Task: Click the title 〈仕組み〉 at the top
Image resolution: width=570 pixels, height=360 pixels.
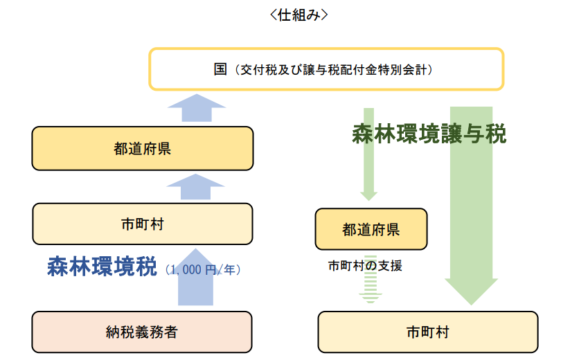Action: [x=299, y=15]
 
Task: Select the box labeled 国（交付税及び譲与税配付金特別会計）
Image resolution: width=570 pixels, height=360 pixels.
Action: [x=326, y=69]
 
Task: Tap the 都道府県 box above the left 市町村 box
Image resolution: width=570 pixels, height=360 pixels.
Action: [x=143, y=149]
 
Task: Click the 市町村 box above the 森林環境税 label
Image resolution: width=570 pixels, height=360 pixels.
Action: [x=143, y=224]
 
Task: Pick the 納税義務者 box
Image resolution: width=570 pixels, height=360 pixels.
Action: [x=142, y=332]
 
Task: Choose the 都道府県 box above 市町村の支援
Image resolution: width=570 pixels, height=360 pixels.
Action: [x=371, y=229]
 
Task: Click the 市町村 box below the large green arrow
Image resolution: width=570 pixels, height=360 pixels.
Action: [x=428, y=332]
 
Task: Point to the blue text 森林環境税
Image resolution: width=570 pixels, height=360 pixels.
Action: [x=102, y=267]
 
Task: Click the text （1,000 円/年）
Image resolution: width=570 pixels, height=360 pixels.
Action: [x=203, y=269]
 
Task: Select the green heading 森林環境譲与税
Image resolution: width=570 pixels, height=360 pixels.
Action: [x=429, y=134]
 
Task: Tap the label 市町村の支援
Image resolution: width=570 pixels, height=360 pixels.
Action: [x=365, y=266]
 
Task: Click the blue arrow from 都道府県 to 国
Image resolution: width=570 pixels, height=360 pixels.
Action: [x=197, y=108]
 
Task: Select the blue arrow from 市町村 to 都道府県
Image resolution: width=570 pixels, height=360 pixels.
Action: [x=195, y=187]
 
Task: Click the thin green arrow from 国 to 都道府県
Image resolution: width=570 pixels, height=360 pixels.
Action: [x=368, y=154]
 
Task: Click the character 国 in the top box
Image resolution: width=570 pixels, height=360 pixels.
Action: [x=220, y=69]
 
